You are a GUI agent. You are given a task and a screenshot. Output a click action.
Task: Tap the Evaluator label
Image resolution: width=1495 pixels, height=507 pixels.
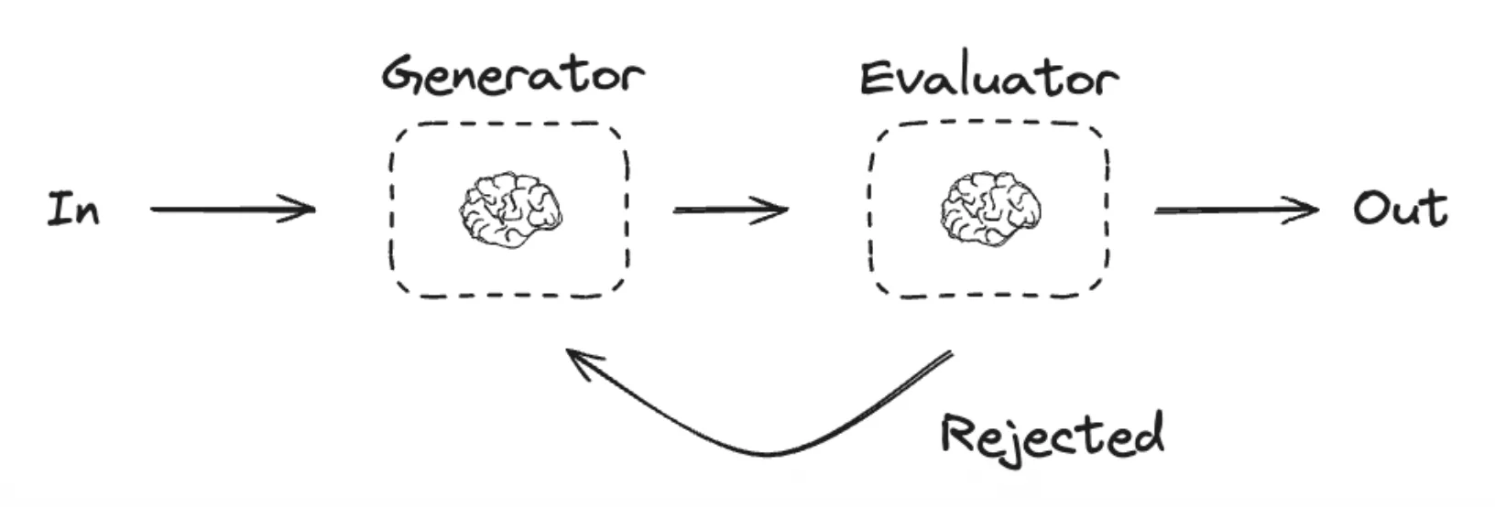click(x=989, y=78)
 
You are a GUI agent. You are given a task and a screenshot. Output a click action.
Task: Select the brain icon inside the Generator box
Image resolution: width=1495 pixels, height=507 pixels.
click(x=510, y=210)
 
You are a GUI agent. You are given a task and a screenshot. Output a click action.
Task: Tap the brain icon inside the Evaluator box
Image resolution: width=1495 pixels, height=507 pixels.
click(x=990, y=210)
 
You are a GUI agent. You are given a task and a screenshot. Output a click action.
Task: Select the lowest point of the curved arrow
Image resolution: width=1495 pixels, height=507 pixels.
click(x=768, y=454)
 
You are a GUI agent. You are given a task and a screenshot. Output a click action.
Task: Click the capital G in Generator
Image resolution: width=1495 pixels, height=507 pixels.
click(x=402, y=76)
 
